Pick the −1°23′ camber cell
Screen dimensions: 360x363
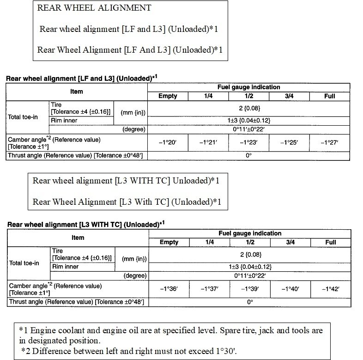248,143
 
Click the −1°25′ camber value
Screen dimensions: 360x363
289,143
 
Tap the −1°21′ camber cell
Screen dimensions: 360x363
208,143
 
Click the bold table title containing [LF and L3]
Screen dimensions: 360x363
82,78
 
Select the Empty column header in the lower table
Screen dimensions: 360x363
169,242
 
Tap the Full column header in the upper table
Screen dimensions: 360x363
329,96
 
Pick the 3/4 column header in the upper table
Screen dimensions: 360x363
289,96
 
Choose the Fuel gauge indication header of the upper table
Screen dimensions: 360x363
248,87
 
